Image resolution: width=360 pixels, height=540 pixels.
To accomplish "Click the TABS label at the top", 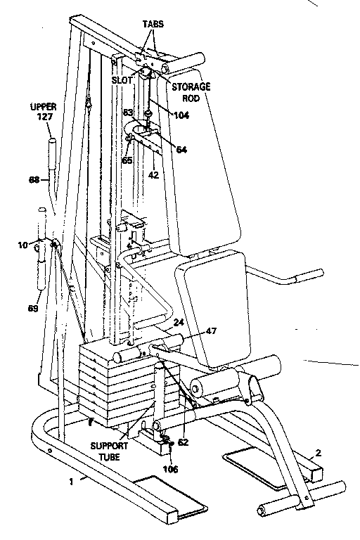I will coord(153,23).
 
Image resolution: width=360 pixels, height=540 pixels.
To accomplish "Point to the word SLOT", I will coord(122,80).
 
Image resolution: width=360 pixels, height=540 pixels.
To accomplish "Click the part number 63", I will coord(128,112).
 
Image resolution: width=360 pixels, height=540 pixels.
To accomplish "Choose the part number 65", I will coord(127,160).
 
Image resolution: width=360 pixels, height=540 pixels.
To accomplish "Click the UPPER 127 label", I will coord(43,112).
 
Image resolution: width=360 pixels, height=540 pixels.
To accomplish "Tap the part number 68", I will coord(33,181).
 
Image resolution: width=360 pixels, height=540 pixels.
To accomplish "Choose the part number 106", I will coord(171,469).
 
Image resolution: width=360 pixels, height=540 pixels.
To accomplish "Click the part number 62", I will coord(183,443).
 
